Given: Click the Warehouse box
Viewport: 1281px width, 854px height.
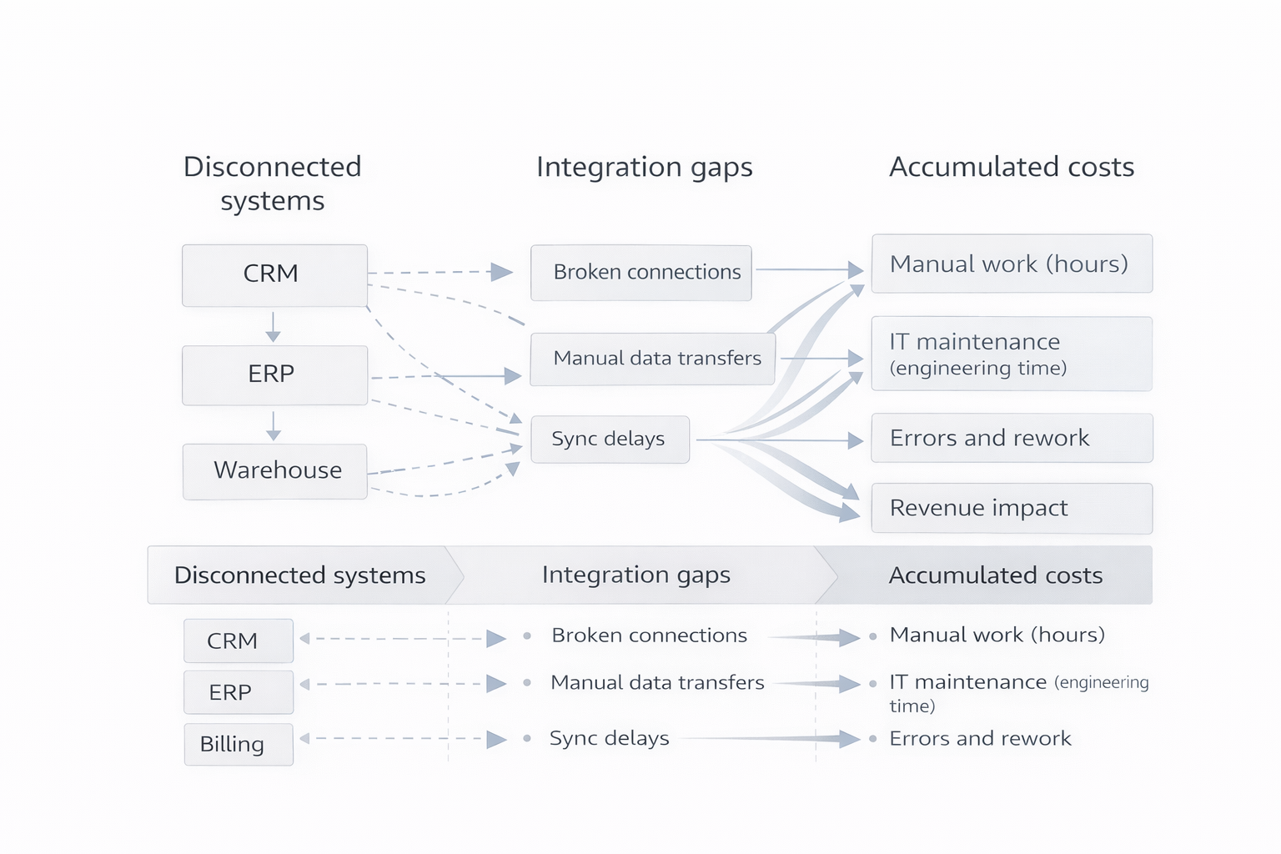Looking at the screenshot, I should (x=274, y=471).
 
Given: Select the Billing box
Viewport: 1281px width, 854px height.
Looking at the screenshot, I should (x=239, y=744).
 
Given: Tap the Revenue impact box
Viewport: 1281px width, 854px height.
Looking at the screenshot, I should (x=1011, y=508).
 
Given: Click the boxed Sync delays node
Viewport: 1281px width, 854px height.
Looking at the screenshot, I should (x=610, y=440).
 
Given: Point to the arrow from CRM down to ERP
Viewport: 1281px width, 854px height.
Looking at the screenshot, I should (x=273, y=326).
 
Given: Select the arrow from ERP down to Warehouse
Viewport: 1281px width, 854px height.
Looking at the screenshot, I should (x=273, y=424).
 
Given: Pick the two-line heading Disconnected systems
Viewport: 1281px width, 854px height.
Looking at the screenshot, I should (x=272, y=183).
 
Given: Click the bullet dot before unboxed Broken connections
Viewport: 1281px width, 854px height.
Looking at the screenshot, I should (x=527, y=635).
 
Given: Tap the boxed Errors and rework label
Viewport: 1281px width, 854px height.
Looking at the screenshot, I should (x=989, y=438).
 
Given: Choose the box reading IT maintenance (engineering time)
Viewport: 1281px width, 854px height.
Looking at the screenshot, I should (x=1011, y=354).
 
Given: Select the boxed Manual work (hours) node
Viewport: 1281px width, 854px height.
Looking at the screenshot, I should (x=1011, y=264).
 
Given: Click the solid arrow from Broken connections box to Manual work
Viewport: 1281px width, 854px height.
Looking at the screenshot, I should (x=808, y=269).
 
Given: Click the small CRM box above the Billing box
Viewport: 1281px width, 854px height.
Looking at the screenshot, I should (x=239, y=640).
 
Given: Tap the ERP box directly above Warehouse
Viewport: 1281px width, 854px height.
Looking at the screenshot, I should (x=274, y=374).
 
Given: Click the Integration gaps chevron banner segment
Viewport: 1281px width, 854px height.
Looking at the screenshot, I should (x=635, y=575).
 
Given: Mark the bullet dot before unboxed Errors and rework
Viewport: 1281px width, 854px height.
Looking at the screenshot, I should (x=872, y=739).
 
